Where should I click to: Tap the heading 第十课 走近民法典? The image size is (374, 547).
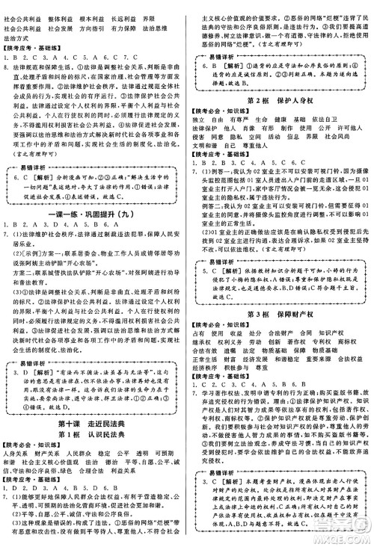(93, 404)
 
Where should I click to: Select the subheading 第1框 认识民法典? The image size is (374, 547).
(93, 414)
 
